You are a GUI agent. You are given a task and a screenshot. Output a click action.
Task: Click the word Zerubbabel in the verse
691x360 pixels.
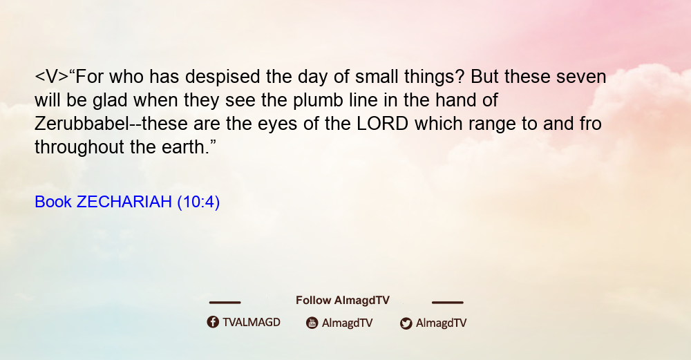(82, 124)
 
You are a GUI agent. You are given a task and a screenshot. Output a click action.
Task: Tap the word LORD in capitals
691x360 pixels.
(383, 124)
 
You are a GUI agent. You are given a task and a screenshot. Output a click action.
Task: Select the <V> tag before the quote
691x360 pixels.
(52, 77)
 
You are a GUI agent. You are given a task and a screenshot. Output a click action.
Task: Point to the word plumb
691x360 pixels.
(318, 101)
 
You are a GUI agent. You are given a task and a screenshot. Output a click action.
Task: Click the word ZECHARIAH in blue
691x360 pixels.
(124, 202)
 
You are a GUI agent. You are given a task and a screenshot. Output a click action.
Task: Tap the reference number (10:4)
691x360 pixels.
(198, 202)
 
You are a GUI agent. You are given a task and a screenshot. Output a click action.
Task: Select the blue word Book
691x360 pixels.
(53, 202)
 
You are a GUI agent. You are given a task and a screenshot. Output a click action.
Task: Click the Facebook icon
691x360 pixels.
(213, 322)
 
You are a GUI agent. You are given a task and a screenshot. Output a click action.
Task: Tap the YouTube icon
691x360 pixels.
(312, 323)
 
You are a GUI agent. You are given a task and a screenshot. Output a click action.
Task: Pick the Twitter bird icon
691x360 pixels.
(406, 323)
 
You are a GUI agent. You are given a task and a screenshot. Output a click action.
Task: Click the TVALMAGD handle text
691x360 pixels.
(252, 323)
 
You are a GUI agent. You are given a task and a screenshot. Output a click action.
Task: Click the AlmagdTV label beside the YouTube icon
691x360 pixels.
(348, 323)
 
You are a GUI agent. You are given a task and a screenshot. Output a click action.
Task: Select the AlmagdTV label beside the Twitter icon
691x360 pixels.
(441, 323)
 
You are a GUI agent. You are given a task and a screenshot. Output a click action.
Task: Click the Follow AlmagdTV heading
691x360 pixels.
(343, 301)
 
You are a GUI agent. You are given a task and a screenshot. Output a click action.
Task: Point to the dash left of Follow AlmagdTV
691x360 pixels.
(225, 302)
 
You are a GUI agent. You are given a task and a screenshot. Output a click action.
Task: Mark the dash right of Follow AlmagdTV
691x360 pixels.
(448, 302)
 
